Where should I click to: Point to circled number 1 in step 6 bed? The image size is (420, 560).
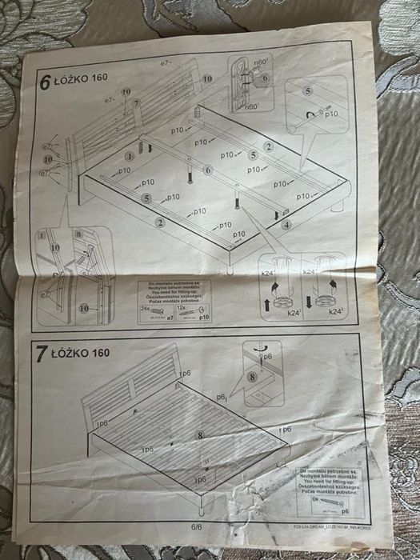[129, 156]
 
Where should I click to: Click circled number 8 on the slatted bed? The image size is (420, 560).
[199, 434]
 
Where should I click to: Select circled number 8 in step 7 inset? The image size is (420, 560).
[252, 376]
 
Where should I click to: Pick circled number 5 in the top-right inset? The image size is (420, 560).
[308, 93]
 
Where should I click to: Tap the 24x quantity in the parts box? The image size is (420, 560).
[146, 307]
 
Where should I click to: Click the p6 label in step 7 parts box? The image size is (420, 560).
[346, 508]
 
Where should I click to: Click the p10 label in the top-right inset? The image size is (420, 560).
[330, 114]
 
